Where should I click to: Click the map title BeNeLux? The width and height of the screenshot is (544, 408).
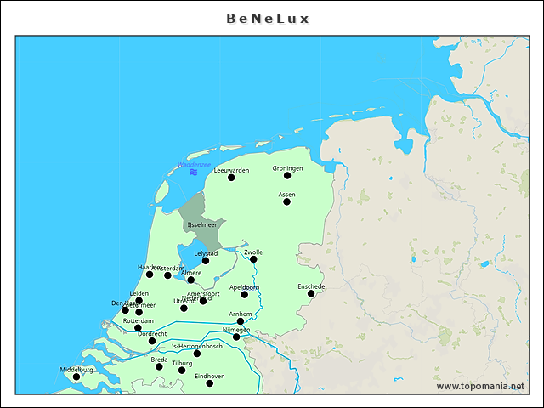point(269,18)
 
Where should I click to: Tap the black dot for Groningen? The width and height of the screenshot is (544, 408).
point(287,175)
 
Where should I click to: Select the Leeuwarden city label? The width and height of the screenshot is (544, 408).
point(231,170)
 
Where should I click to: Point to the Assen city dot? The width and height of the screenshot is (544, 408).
point(286,201)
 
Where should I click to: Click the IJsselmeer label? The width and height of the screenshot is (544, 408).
point(202,224)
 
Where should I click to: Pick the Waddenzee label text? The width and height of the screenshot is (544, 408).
point(194,164)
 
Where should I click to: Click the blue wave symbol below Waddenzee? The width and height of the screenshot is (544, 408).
point(194,173)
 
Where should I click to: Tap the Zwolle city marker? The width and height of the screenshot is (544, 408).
point(253,259)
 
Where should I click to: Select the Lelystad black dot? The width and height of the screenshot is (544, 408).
point(206,261)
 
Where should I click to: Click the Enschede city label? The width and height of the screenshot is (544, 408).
point(311,286)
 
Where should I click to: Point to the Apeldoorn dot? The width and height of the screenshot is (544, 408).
point(245,294)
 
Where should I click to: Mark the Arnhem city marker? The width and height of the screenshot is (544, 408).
point(241,321)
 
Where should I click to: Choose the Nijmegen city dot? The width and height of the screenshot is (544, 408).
point(236,337)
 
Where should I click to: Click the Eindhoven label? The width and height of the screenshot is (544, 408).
point(210,376)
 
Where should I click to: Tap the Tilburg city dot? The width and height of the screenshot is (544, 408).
point(182,371)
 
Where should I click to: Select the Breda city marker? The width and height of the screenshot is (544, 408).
point(159,367)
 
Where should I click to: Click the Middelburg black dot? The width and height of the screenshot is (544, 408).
point(76,377)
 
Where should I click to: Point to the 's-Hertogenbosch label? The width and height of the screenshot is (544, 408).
point(197,346)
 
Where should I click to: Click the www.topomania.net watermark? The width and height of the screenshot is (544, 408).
point(480,387)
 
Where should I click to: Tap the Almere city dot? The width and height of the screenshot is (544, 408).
point(191,280)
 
